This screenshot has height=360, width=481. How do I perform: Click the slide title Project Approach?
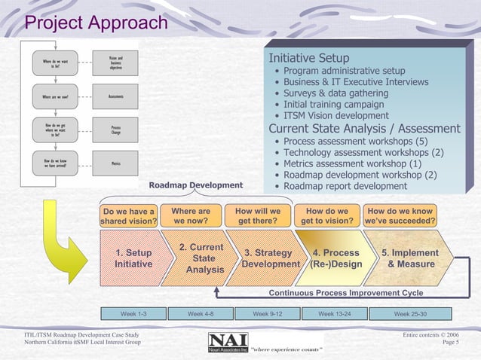pos(97,23)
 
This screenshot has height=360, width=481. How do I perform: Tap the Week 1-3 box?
pos(133,313)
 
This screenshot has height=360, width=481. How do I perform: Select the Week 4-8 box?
pos(200,313)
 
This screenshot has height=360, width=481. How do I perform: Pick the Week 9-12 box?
pos(267,313)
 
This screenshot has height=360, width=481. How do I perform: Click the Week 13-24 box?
pos(334,313)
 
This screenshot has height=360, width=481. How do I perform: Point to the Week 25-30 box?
pos(410,313)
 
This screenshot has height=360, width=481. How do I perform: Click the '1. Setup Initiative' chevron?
pos(133,258)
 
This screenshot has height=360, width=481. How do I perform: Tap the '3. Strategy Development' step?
pos(269,258)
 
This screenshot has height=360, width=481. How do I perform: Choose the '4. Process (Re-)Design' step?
pos(336,258)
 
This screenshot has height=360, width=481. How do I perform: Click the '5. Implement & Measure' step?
pos(410,258)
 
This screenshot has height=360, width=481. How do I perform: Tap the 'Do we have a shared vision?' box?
pos(129,216)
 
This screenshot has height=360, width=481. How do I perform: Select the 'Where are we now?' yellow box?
pos(191,216)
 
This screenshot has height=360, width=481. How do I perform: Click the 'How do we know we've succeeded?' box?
pos(399,216)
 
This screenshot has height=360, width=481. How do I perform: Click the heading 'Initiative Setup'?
pos(309,58)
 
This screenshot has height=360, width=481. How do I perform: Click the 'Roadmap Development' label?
pos(196,185)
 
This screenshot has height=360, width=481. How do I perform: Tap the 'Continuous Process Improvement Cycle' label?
pos(346,293)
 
